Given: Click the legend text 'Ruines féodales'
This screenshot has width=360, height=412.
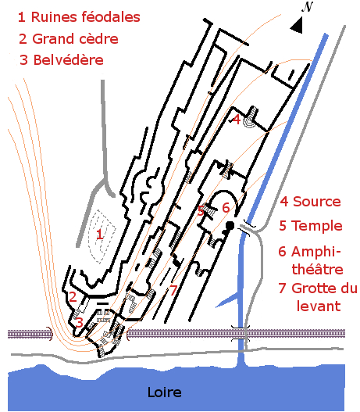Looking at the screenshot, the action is pos(86,17).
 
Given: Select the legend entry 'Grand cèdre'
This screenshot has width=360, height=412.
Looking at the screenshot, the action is pos(75,39).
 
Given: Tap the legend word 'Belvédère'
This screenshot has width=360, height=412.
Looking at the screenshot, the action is pos(68,60).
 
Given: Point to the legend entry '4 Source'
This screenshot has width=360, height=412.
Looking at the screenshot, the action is pos(310,202).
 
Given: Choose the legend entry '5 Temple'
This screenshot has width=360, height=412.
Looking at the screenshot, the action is pos(311,226).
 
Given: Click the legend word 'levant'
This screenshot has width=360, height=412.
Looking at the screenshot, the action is pos(319,306).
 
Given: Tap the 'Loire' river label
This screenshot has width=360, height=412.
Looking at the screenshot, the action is pos(165,392).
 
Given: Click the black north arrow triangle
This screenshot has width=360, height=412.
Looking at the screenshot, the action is pos(297,26).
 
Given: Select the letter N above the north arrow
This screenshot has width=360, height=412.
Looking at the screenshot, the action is pos(307,7).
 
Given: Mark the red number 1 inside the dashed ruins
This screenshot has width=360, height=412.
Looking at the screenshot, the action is pos(99,234).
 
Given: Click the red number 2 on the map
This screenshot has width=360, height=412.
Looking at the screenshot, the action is pos(73,296).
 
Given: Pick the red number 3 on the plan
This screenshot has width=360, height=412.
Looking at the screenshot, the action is pos(79,322).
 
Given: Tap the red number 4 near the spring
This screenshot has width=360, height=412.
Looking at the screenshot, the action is pos(236,120).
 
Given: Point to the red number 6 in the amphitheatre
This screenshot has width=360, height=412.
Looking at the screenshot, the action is pos(226,208).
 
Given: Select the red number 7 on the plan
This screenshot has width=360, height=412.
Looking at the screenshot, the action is pos(173,290).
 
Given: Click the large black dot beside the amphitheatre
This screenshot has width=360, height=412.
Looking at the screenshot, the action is pos(230,225).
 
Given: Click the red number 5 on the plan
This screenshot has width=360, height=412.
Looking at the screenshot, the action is pos(201,211).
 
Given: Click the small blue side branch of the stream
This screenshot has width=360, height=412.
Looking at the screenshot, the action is pos(226,300).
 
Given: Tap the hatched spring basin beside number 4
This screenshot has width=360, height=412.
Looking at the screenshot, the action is pos(250,118).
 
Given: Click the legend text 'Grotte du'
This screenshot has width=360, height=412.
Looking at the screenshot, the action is pos(324,288).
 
